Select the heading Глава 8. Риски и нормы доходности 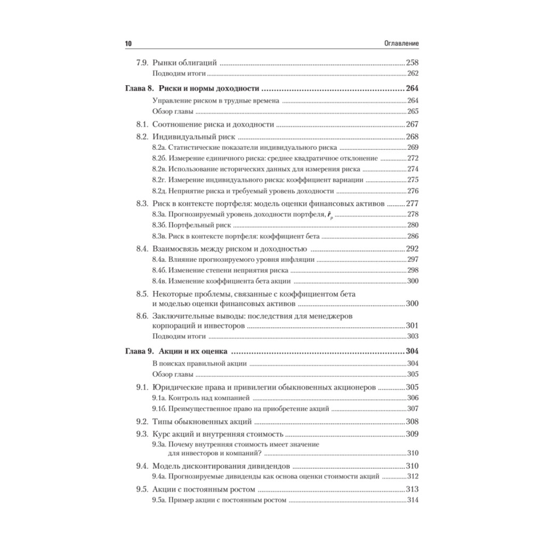[192, 89]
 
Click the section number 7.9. [142, 62]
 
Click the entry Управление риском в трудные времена [215, 101]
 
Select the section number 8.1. [142, 124]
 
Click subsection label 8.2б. [160, 158]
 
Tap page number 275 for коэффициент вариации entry [413, 180]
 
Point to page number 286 [413, 236]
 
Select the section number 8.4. [142, 248]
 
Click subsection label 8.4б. [160, 270]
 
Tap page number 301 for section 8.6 [413, 326]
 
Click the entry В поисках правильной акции [199, 364]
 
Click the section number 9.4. [142, 465]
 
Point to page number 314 [413, 500]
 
